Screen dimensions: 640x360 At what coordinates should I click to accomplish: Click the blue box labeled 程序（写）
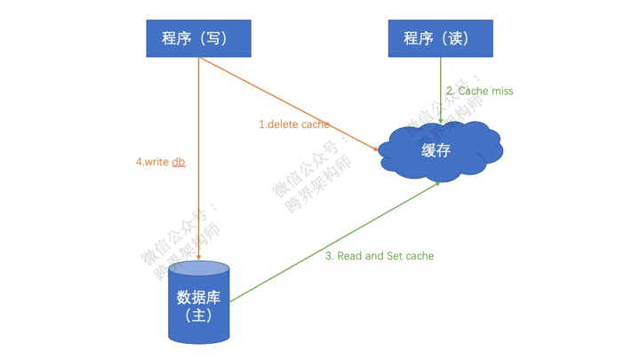point(199,38)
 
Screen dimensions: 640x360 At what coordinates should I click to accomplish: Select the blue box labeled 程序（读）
point(440,38)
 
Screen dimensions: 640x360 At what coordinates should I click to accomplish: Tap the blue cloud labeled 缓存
point(440,151)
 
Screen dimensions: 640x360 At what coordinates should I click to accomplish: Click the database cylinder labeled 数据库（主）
point(199,302)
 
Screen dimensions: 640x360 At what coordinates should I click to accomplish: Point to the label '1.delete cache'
point(294,124)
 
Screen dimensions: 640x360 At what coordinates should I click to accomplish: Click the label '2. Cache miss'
point(480,91)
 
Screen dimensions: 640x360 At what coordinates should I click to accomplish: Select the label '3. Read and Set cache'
point(380,256)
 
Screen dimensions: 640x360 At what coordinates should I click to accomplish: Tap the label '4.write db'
point(160,162)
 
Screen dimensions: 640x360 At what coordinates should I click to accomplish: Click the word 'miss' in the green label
point(502,91)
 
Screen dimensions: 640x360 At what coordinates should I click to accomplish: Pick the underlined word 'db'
point(179,162)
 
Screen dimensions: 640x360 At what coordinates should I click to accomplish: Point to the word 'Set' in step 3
point(395,256)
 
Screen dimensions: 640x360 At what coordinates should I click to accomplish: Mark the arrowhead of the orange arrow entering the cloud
point(375,149)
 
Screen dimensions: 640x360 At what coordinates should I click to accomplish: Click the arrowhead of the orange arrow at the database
point(199,257)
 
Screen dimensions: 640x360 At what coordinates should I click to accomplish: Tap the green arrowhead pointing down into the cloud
point(440,120)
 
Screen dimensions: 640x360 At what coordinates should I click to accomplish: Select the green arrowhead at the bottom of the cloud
point(437,184)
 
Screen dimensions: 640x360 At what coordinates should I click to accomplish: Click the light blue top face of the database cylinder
point(199,268)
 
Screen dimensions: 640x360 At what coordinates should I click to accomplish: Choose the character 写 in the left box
point(213,38)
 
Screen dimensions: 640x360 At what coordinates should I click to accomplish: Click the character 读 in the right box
point(455,38)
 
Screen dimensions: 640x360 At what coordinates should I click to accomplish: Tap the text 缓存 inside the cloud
point(436,150)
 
